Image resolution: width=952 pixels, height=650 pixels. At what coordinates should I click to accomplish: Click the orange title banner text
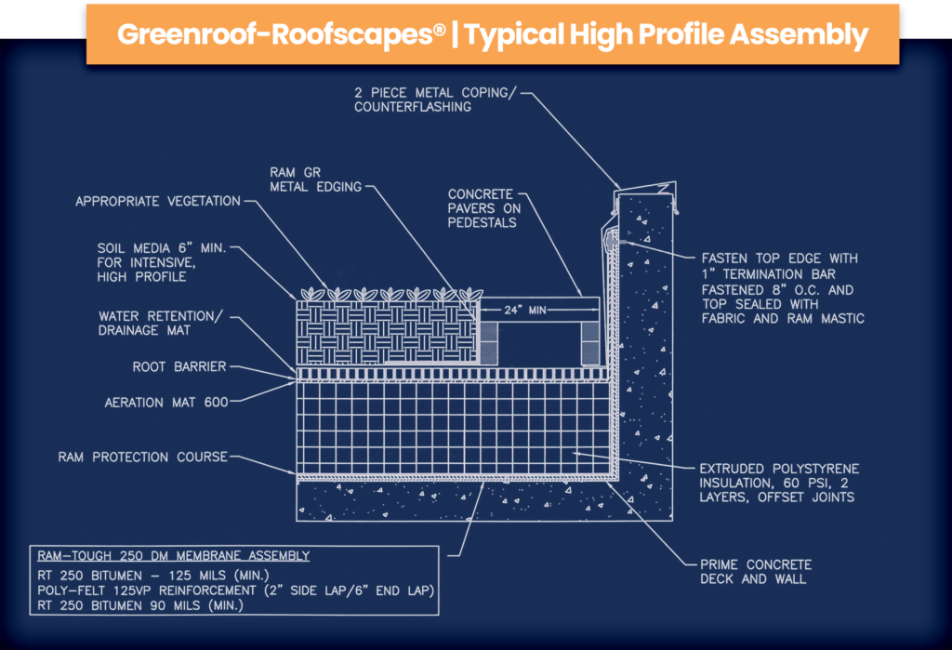[x=493, y=34]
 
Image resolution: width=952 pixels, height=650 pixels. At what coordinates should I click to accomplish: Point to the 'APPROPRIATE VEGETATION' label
[x=158, y=201]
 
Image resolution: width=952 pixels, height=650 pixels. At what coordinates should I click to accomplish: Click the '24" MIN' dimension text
[x=527, y=311]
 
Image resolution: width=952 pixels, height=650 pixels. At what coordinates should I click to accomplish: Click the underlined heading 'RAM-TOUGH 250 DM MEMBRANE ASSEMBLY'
[x=170, y=556]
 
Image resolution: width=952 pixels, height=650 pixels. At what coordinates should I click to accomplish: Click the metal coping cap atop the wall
[x=641, y=187]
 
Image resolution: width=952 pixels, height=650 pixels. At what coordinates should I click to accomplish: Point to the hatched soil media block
[x=386, y=330]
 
